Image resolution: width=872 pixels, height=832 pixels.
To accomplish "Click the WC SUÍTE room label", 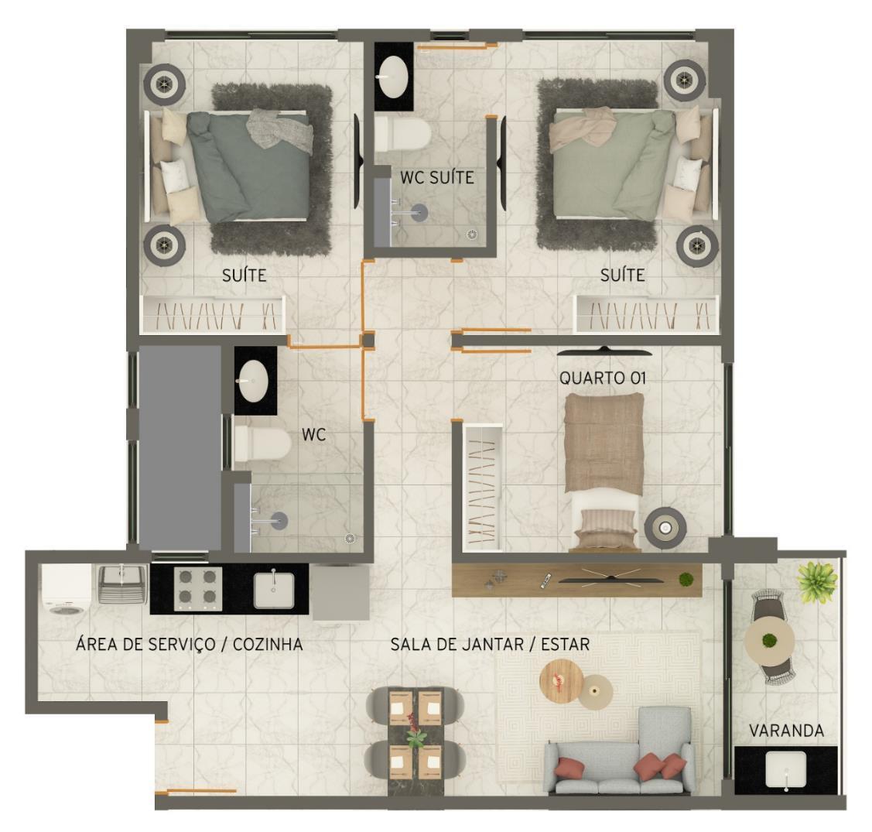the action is coord(437,177).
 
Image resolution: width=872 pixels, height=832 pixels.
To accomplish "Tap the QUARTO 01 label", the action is coord(602,378).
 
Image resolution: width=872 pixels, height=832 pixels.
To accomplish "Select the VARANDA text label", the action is coord(786,730).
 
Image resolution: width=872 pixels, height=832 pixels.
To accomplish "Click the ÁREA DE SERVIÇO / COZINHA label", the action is coord(189,644).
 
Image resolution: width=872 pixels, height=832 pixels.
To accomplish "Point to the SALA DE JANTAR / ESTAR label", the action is coord(490,644).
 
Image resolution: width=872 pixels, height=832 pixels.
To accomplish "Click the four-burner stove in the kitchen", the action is coord(197,589).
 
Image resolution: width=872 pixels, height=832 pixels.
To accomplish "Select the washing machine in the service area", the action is coord(67,590).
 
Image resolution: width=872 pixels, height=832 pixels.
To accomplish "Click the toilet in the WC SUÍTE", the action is coord(402,134).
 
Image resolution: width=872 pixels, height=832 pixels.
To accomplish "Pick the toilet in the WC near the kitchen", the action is coord(262,443).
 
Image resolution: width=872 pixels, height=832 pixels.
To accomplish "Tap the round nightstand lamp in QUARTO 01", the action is coord(665,527).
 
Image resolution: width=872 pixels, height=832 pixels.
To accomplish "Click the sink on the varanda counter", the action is coord(786,770).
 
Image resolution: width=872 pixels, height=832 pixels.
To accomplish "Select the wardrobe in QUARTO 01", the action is coord(482,487).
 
